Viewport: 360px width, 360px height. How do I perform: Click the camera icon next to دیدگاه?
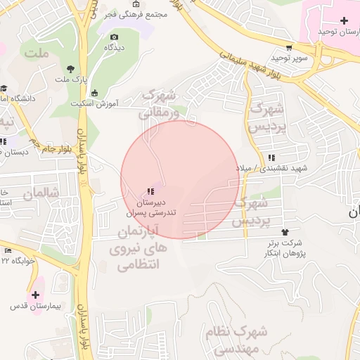114,37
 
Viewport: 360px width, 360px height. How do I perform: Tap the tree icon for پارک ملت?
70,68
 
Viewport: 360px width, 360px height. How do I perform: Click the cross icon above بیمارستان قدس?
35,294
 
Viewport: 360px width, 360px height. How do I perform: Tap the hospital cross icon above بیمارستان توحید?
343,20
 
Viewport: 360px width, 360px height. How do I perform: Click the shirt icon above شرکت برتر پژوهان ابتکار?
285,232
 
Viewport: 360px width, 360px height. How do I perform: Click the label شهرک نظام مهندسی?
233,338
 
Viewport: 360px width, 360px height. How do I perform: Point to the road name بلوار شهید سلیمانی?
250,67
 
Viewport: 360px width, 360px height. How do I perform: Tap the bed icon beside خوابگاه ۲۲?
8,250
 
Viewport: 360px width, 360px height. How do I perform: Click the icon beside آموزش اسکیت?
95,91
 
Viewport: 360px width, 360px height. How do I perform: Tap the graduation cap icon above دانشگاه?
4,89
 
